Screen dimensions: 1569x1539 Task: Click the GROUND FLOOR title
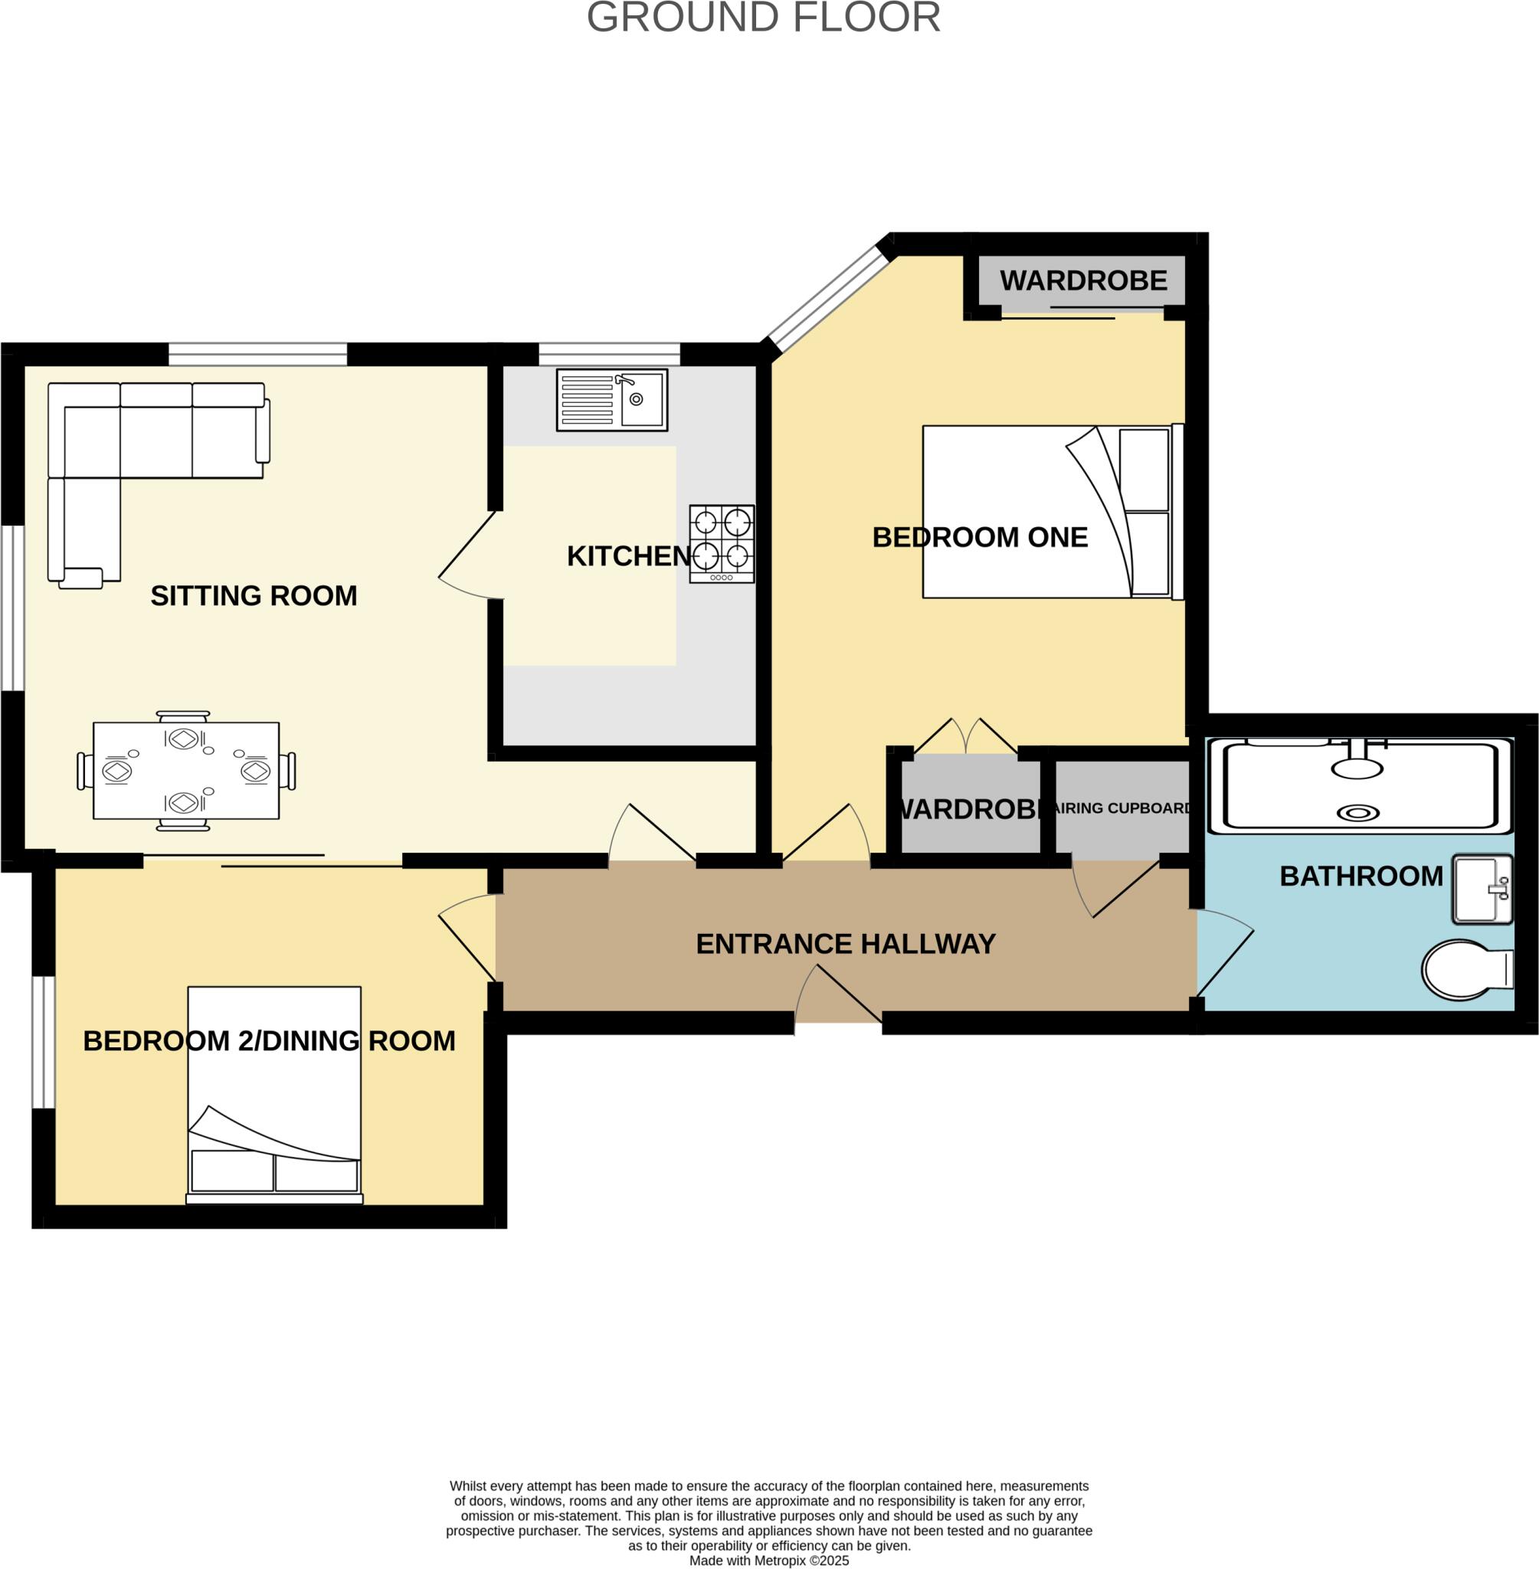point(763,18)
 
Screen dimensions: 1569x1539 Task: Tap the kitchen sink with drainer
point(612,399)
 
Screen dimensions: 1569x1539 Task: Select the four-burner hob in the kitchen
point(721,543)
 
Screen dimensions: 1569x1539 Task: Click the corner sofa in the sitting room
point(129,453)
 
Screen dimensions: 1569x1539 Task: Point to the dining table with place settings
point(186,771)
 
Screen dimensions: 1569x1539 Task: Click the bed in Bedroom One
point(1051,512)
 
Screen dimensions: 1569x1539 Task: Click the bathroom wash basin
point(1482,889)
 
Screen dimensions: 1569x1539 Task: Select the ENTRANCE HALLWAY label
point(846,944)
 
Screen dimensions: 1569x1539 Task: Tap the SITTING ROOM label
point(254,596)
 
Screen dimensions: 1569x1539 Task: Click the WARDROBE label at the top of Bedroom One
point(1083,280)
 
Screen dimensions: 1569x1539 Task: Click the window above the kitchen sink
point(610,354)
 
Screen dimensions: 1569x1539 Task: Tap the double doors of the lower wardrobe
point(965,737)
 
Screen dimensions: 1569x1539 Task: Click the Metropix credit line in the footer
point(768,1560)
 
